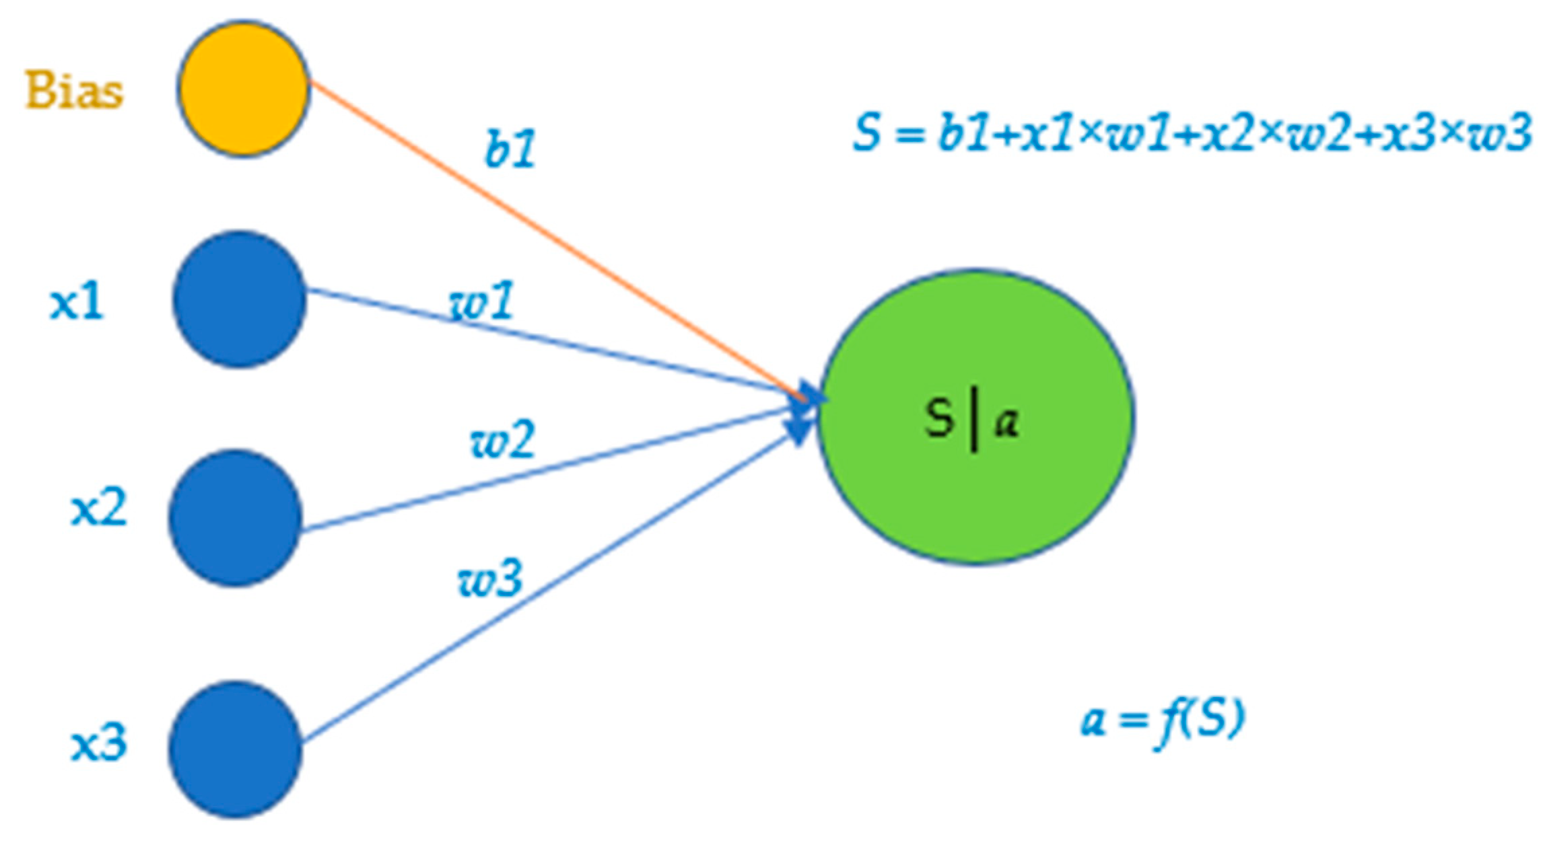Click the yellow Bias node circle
[243, 88]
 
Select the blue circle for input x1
[239, 299]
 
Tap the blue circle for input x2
[235, 517]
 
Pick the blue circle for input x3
[235, 749]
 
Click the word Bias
[74, 90]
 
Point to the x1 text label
[77, 302]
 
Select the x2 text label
[98, 509]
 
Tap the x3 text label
[98, 744]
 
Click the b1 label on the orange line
[510, 150]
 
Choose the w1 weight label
[481, 301]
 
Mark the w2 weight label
[502, 440]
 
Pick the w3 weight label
[489, 579]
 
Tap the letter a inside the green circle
[1007, 422]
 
